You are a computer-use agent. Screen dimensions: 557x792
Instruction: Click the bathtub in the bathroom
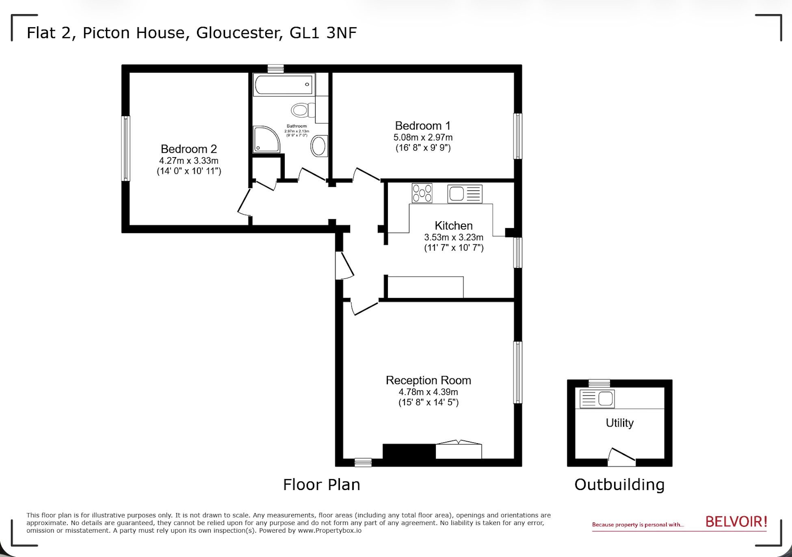click(x=284, y=84)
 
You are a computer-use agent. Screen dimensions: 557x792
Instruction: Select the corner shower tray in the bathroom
click(x=266, y=139)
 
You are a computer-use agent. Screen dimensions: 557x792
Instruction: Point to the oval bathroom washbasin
click(x=319, y=146)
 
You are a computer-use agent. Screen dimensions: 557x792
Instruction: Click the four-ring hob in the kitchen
click(x=422, y=193)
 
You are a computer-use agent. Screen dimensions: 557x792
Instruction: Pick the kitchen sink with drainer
click(x=465, y=194)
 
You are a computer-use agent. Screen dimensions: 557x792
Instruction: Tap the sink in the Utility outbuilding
click(x=597, y=399)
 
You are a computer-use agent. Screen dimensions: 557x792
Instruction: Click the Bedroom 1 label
click(x=422, y=126)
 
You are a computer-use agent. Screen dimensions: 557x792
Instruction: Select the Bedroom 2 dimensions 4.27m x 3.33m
click(x=188, y=161)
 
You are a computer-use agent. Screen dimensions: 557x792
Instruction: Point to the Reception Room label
click(x=428, y=380)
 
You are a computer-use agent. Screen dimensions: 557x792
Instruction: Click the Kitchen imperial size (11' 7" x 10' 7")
click(x=454, y=248)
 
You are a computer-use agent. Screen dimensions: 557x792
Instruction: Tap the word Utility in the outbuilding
click(x=619, y=423)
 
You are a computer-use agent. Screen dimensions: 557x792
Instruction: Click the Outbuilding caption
click(x=619, y=485)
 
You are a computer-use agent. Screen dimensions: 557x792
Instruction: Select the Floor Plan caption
click(x=321, y=485)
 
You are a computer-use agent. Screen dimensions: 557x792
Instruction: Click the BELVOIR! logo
click(x=736, y=522)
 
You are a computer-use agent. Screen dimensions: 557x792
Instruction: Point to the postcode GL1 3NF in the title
click(x=323, y=33)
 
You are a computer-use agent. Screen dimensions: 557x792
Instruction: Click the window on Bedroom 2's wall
click(x=126, y=149)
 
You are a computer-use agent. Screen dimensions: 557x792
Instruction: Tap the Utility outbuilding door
click(x=622, y=457)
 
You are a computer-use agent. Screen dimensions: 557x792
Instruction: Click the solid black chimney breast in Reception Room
click(x=409, y=451)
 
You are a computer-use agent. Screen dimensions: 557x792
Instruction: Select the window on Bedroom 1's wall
click(x=517, y=136)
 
